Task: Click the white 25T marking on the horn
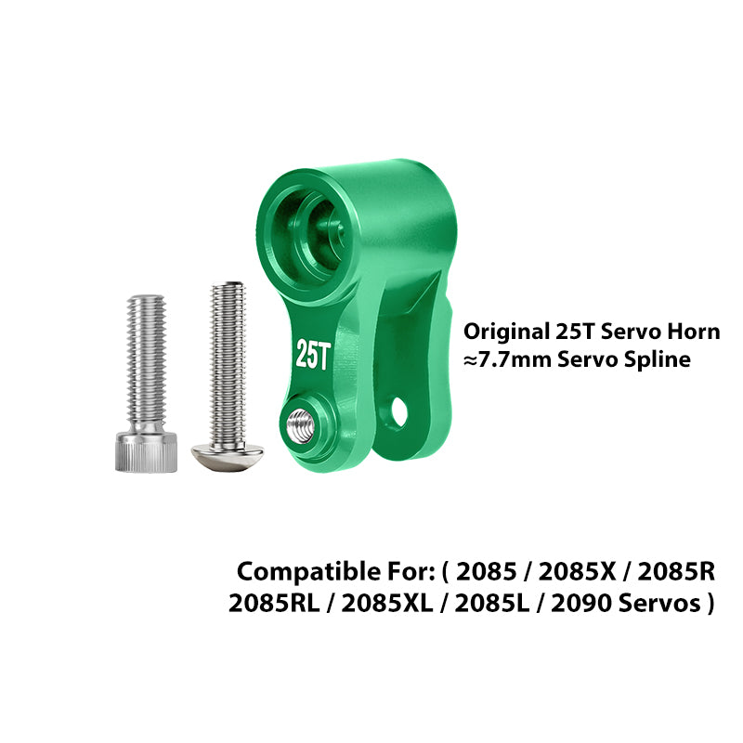click(x=313, y=354)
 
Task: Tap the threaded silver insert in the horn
click(x=300, y=424)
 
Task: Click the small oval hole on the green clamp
click(x=399, y=411)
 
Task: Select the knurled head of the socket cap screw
click(x=147, y=451)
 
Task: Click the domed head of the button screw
click(x=228, y=457)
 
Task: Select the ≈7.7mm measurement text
click(x=507, y=359)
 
